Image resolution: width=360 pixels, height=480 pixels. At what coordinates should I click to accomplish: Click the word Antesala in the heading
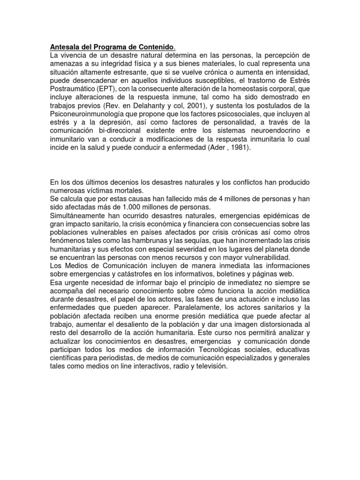click(x=65, y=47)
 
